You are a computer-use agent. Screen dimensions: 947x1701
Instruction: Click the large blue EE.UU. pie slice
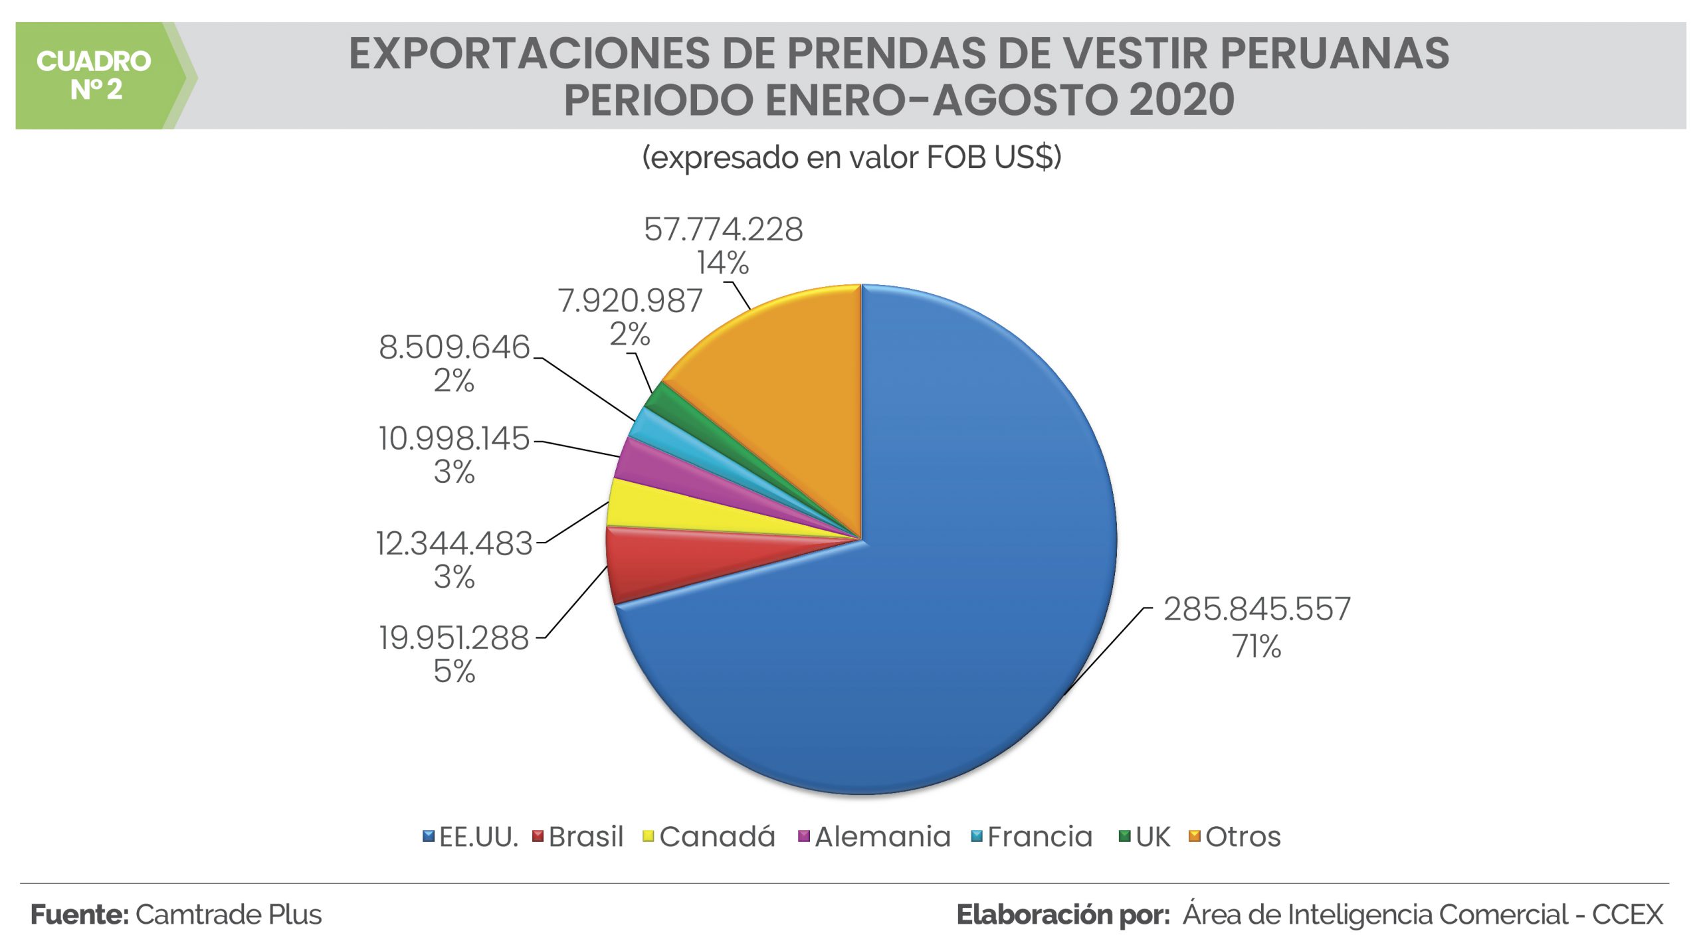coord(930,598)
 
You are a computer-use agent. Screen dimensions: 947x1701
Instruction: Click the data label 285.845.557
coord(1256,609)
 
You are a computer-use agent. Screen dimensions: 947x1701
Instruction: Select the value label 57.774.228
coord(723,230)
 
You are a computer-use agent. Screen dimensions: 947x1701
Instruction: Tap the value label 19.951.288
coord(454,638)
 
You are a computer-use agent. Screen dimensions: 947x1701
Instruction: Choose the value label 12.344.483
coord(454,544)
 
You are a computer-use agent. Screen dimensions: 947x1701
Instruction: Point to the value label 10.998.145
coord(454,439)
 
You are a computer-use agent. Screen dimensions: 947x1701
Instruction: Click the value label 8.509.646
coord(454,347)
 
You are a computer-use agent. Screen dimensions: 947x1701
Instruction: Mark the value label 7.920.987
coord(630,301)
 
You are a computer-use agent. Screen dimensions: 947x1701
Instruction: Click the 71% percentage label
coord(1256,646)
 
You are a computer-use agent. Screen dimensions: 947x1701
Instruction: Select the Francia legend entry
coord(1039,837)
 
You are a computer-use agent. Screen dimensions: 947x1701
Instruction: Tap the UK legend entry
coord(1151,837)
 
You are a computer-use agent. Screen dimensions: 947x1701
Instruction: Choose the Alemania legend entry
coord(881,837)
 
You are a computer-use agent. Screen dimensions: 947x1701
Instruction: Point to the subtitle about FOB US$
coord(851,158)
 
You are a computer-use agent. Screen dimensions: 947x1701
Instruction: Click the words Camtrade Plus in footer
coord(229,915)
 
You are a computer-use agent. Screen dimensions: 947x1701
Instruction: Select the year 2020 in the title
coord(1181,100)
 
